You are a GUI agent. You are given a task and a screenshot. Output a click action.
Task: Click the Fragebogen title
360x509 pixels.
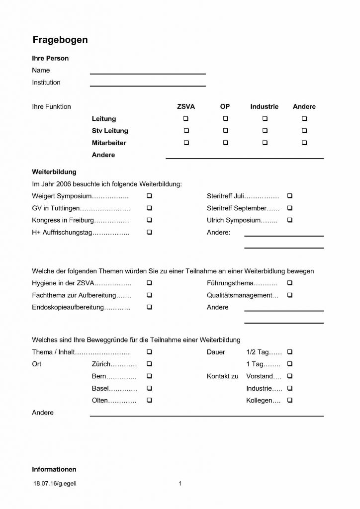(60, 40)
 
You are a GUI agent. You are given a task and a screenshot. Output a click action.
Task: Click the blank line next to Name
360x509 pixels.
(148, 73)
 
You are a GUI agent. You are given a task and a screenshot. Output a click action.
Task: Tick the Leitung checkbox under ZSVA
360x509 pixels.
(186, 119)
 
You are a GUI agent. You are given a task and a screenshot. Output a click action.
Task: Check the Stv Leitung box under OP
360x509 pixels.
(225, 131)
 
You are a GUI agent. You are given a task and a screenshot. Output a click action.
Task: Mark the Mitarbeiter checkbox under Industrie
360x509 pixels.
(265, 143)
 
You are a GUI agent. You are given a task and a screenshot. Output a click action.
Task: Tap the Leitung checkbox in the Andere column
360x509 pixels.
(304, 119)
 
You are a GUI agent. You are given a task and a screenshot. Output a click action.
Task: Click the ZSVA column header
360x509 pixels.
(186, 106)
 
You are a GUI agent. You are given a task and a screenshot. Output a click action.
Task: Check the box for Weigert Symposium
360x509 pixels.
(149, 196)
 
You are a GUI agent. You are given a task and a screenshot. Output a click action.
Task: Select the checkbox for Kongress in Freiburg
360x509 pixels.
(149, 220)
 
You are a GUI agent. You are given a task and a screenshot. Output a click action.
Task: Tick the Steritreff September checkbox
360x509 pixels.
(290, 208)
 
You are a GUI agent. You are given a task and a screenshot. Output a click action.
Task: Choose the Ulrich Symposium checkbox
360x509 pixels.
(290, 220)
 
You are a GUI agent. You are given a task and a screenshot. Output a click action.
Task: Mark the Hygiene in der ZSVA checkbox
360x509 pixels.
(149, 283)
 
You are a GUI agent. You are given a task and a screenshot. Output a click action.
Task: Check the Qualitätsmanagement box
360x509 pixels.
(290, 295)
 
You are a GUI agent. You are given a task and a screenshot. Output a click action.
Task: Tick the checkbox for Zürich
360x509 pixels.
(149, 364)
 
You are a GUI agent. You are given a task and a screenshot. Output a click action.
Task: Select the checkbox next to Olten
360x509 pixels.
(149, 400)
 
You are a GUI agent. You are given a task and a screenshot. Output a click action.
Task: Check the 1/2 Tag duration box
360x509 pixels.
(290, 352)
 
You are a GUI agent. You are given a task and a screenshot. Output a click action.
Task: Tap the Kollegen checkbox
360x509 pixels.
(290, 400)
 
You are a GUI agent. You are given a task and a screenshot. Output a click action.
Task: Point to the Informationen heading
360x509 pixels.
(54, 469)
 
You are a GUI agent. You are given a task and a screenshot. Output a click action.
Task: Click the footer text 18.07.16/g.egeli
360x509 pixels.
(55, 483)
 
